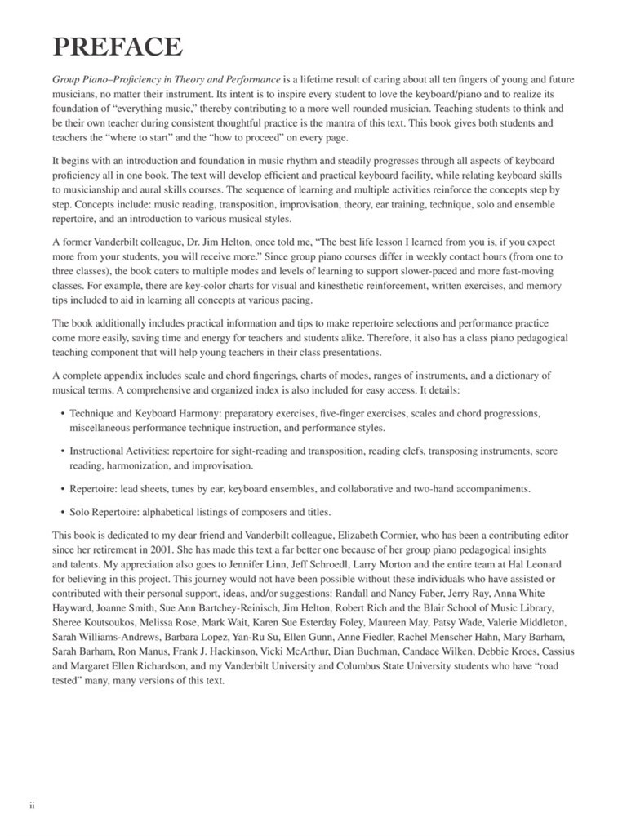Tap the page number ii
coord(33,805)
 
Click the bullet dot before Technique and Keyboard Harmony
coord(63,414)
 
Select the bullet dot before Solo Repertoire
coord(63,513)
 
